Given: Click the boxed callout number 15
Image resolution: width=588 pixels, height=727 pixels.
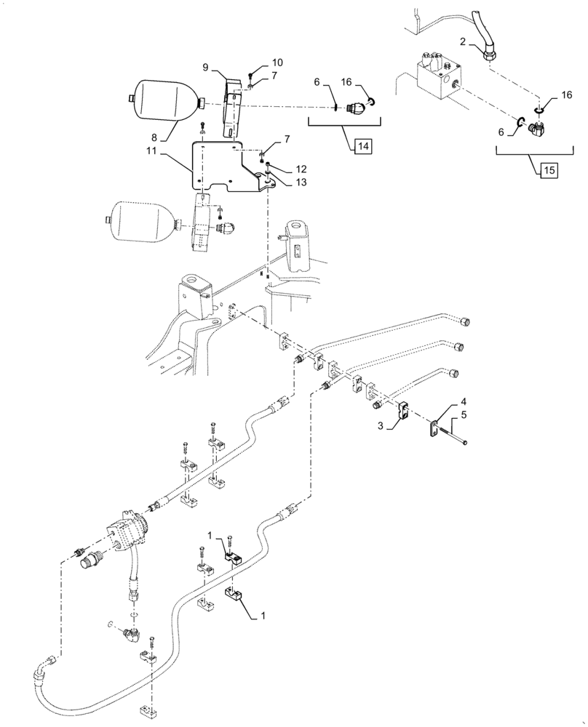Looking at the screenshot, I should click(x=549, y=170).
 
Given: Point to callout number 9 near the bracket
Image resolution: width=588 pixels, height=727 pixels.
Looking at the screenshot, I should click(x=205, y=67).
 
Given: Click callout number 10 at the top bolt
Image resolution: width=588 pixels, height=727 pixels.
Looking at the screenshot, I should click(x=258, y=63).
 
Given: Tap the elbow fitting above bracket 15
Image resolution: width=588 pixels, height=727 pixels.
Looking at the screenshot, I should click(x=539, y=131).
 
